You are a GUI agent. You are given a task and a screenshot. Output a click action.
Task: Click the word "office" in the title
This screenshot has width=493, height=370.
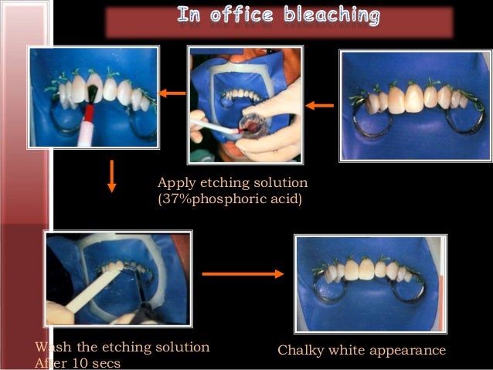tap(240, 15)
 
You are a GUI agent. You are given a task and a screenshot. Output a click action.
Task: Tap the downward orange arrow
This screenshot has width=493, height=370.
tap(112, 175)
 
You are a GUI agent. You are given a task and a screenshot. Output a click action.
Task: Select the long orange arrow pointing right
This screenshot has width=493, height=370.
tap(243, 273)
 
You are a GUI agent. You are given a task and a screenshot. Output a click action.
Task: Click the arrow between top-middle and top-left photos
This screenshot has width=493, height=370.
tap(173, 93)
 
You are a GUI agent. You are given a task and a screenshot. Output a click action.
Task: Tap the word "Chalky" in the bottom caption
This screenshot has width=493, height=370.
tap(299, 351)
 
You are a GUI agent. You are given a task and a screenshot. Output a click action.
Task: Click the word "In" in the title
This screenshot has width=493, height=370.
tap(190, 15)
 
